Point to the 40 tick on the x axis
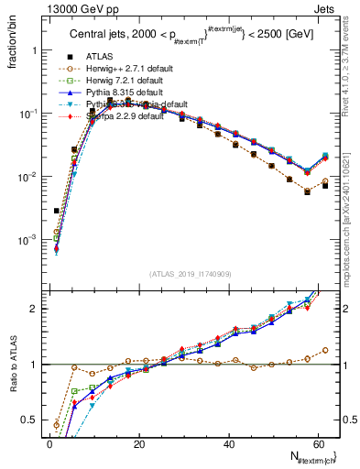tap(228, 444)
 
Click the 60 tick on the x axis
tap(317, 444)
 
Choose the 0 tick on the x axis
tap(49, 444)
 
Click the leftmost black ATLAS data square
tap(57, 211)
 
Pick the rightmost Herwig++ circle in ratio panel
tap(325, 350)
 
